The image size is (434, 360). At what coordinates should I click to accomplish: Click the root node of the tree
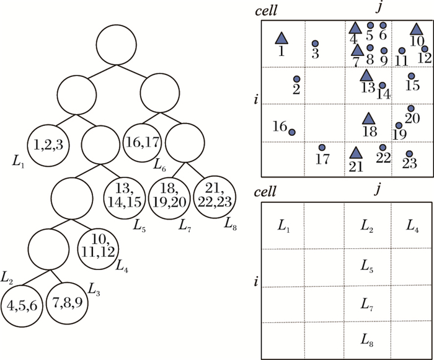(x=116, y=42)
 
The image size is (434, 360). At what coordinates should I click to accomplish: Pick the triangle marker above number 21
(x=355, y=151)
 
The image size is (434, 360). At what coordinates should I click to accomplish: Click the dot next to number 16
(x=291, y=132)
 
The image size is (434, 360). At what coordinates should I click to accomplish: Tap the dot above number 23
(x=409, y=153)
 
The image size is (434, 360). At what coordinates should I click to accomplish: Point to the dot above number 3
(x=315, y=43)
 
